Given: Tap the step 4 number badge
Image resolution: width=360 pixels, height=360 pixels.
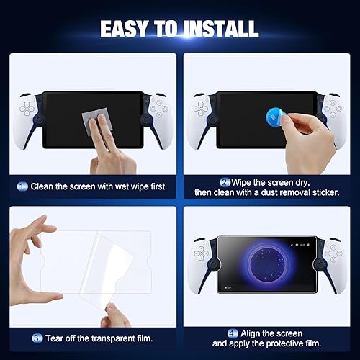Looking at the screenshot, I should pyautogui.click(x=231, y=333).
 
